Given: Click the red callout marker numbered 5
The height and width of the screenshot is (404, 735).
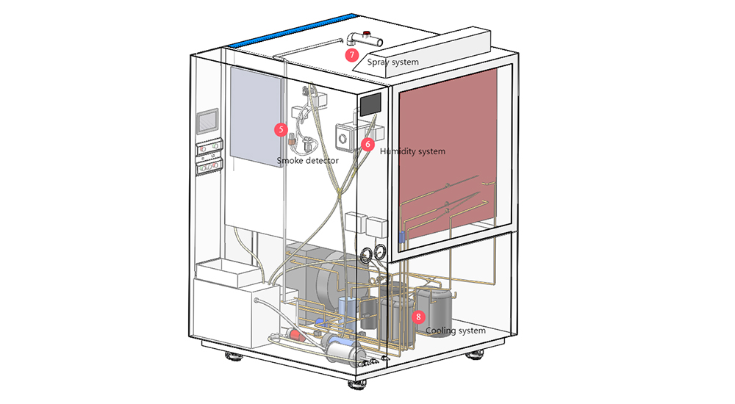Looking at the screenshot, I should [280, 129].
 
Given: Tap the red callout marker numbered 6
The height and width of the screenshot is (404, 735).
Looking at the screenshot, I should [367, 145].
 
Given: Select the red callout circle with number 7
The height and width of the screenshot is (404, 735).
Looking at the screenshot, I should [352, 54].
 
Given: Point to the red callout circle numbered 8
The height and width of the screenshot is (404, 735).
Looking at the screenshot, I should [418, 317].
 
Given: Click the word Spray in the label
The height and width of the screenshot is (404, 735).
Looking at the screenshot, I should [380, 62].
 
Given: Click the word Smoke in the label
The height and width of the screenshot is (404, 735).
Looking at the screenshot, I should [291, 160].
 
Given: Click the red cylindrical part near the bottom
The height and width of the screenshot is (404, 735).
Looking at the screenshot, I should [296, 334].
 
